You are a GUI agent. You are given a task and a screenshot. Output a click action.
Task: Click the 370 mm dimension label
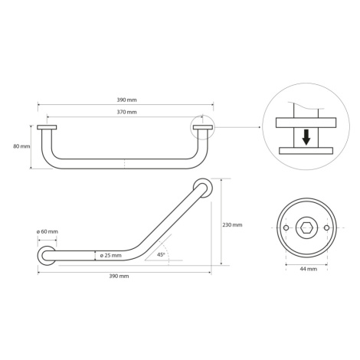click(x=126, y=112)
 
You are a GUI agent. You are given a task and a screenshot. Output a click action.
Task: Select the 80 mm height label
click(x=21, y=146)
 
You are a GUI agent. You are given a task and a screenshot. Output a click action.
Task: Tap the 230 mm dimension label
click(x=232, y=225)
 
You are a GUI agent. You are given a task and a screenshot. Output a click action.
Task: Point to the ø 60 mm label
click(x=47, y=231)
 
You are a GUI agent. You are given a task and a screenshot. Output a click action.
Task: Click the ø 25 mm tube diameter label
click(x=111, y=255)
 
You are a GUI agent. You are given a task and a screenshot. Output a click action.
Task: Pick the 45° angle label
click(x=161, y=254)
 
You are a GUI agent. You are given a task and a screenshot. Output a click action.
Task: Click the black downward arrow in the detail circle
click(x=306, y=137)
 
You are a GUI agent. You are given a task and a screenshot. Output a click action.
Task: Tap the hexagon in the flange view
click(x=306, y=227)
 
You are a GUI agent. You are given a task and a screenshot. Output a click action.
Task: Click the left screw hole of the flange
click(x=286, y=227)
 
